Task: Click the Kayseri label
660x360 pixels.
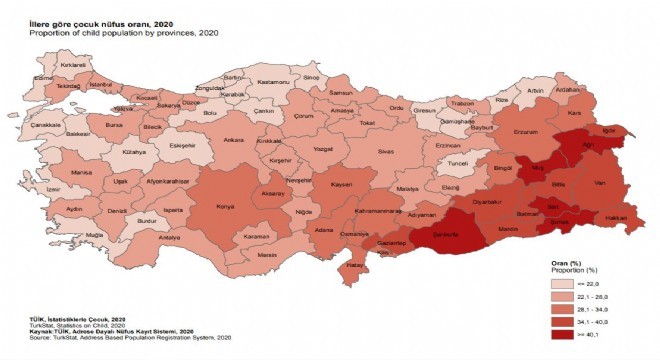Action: pos(342,186)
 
